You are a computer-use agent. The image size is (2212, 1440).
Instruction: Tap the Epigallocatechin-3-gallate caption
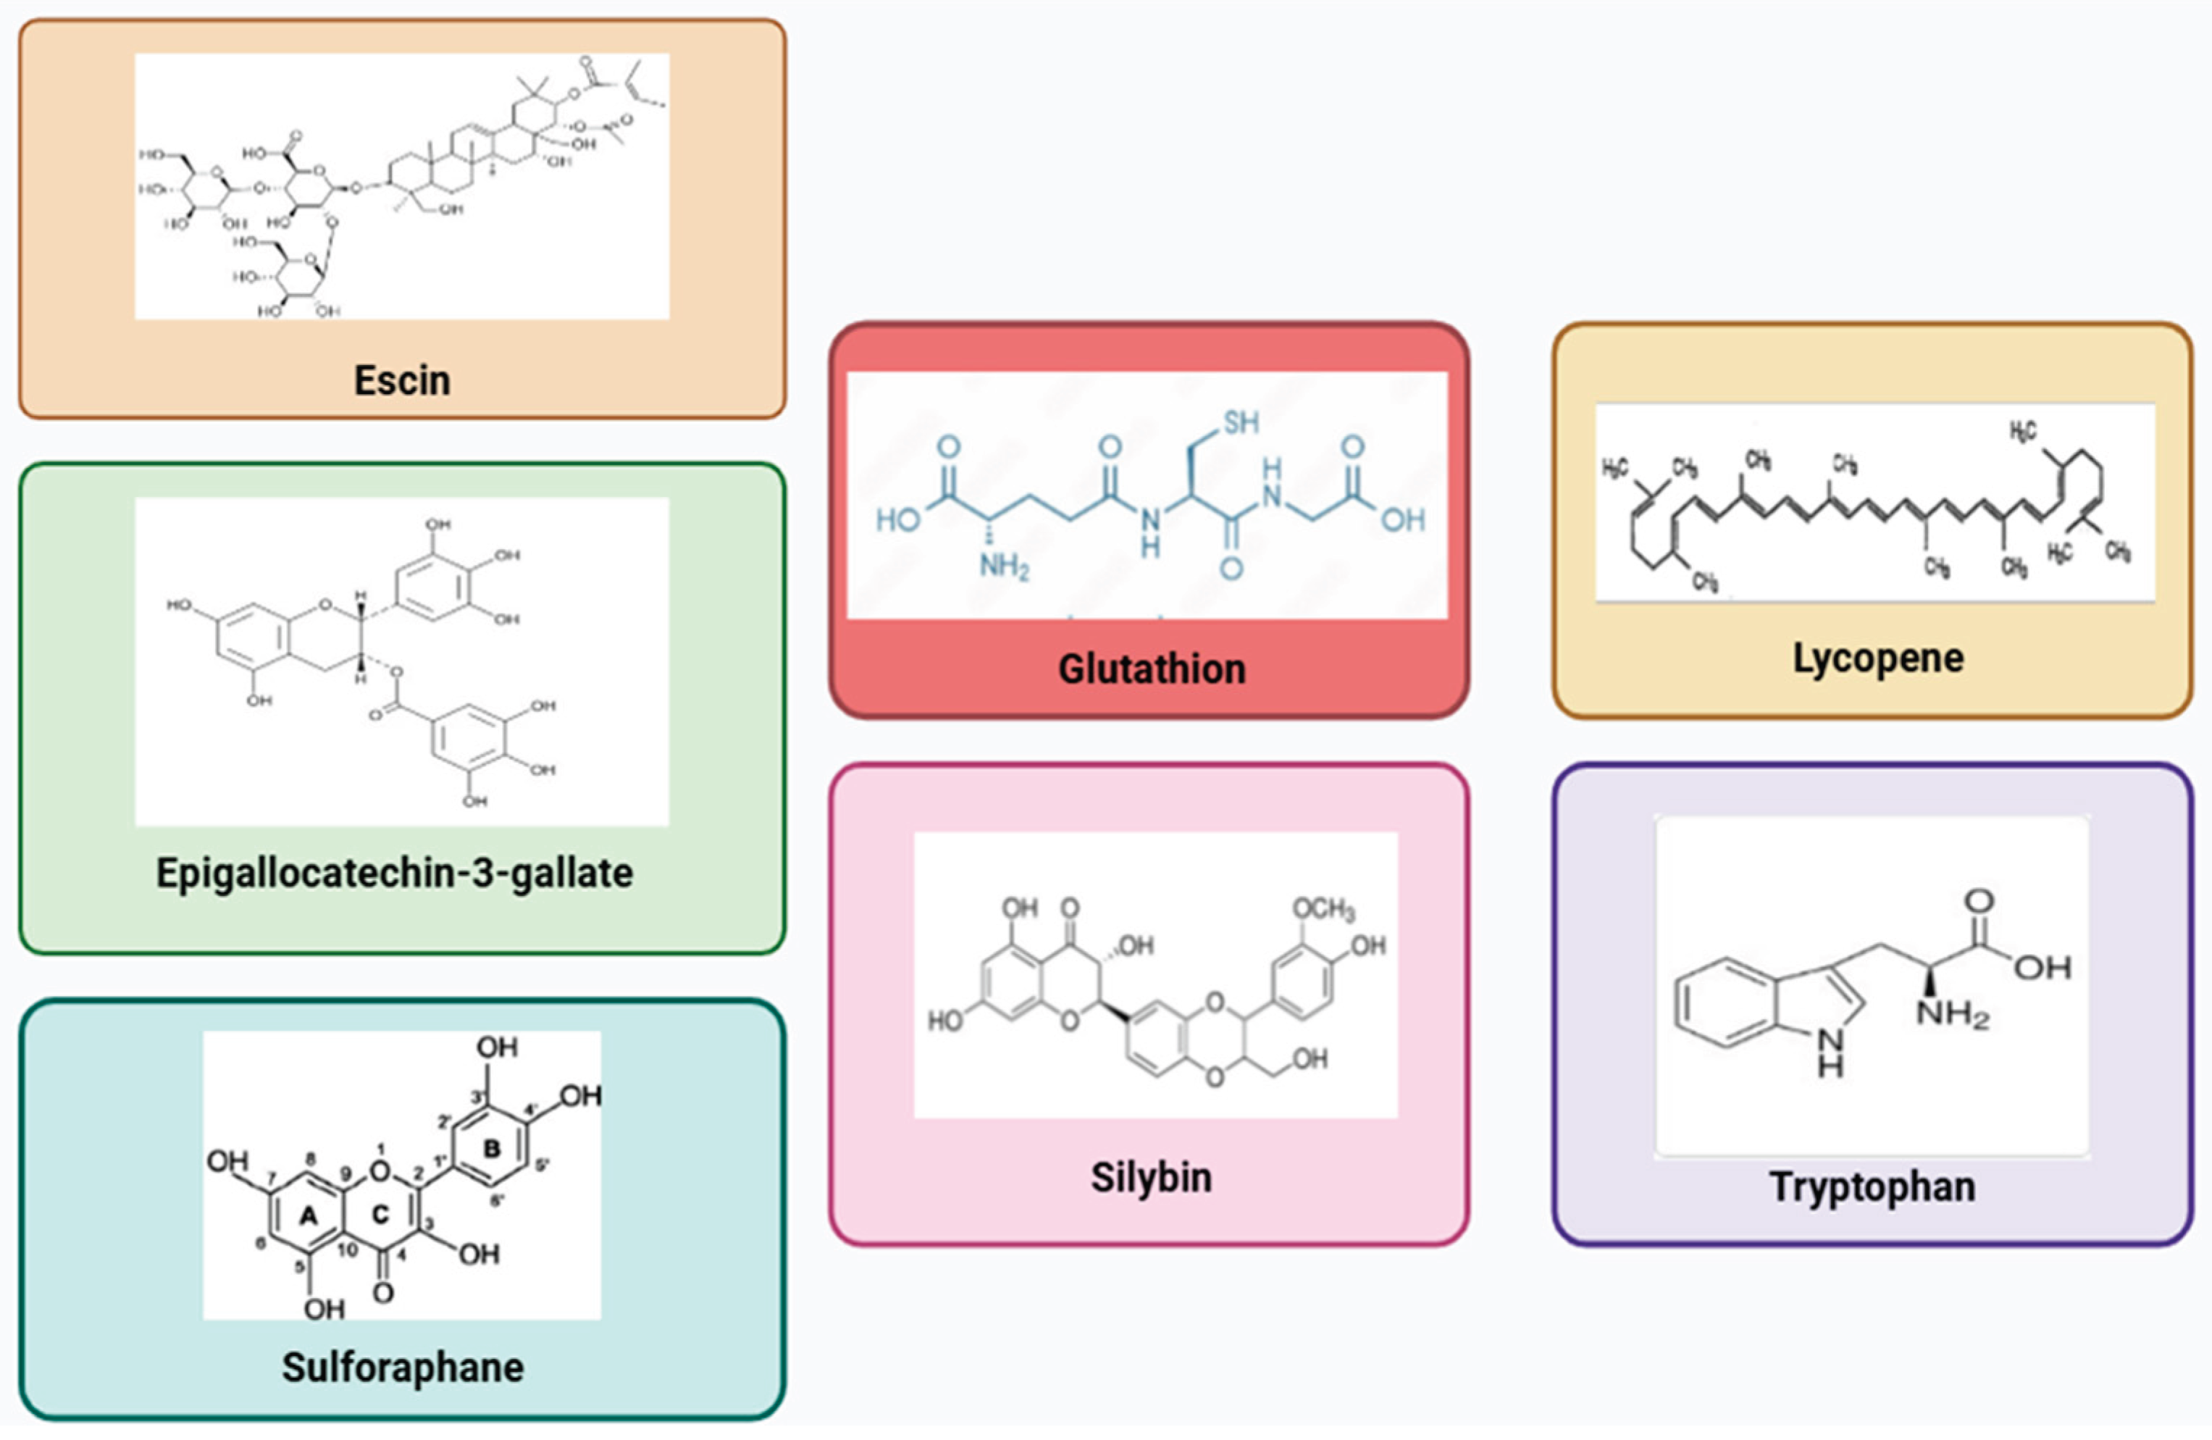click(394, 873)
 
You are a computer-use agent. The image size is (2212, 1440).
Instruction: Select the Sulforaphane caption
click(403, 1367)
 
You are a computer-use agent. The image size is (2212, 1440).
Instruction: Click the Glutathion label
click(1152, 669)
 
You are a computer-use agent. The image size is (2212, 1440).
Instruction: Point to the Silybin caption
click(1151, 1177)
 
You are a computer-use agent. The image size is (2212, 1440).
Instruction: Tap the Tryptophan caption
click(1872, 1187)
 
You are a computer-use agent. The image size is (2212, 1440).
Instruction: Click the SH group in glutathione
click(1241, 423)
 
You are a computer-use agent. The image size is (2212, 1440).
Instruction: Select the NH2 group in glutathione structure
click(1004, 565)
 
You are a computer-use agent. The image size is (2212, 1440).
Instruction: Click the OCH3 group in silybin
click(1323, 908)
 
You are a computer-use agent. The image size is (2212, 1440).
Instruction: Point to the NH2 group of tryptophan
click(1952, 1013)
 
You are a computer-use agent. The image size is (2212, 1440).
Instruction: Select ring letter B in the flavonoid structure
click(492, 1149)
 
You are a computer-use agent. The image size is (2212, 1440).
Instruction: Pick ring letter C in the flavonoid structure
click(380, 1214)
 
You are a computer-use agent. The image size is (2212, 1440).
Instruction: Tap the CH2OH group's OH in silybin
click(1310, 1059)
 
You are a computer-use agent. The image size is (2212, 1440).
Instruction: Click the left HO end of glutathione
click(897, 519)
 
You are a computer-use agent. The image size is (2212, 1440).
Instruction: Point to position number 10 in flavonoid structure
click(348, 1249)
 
